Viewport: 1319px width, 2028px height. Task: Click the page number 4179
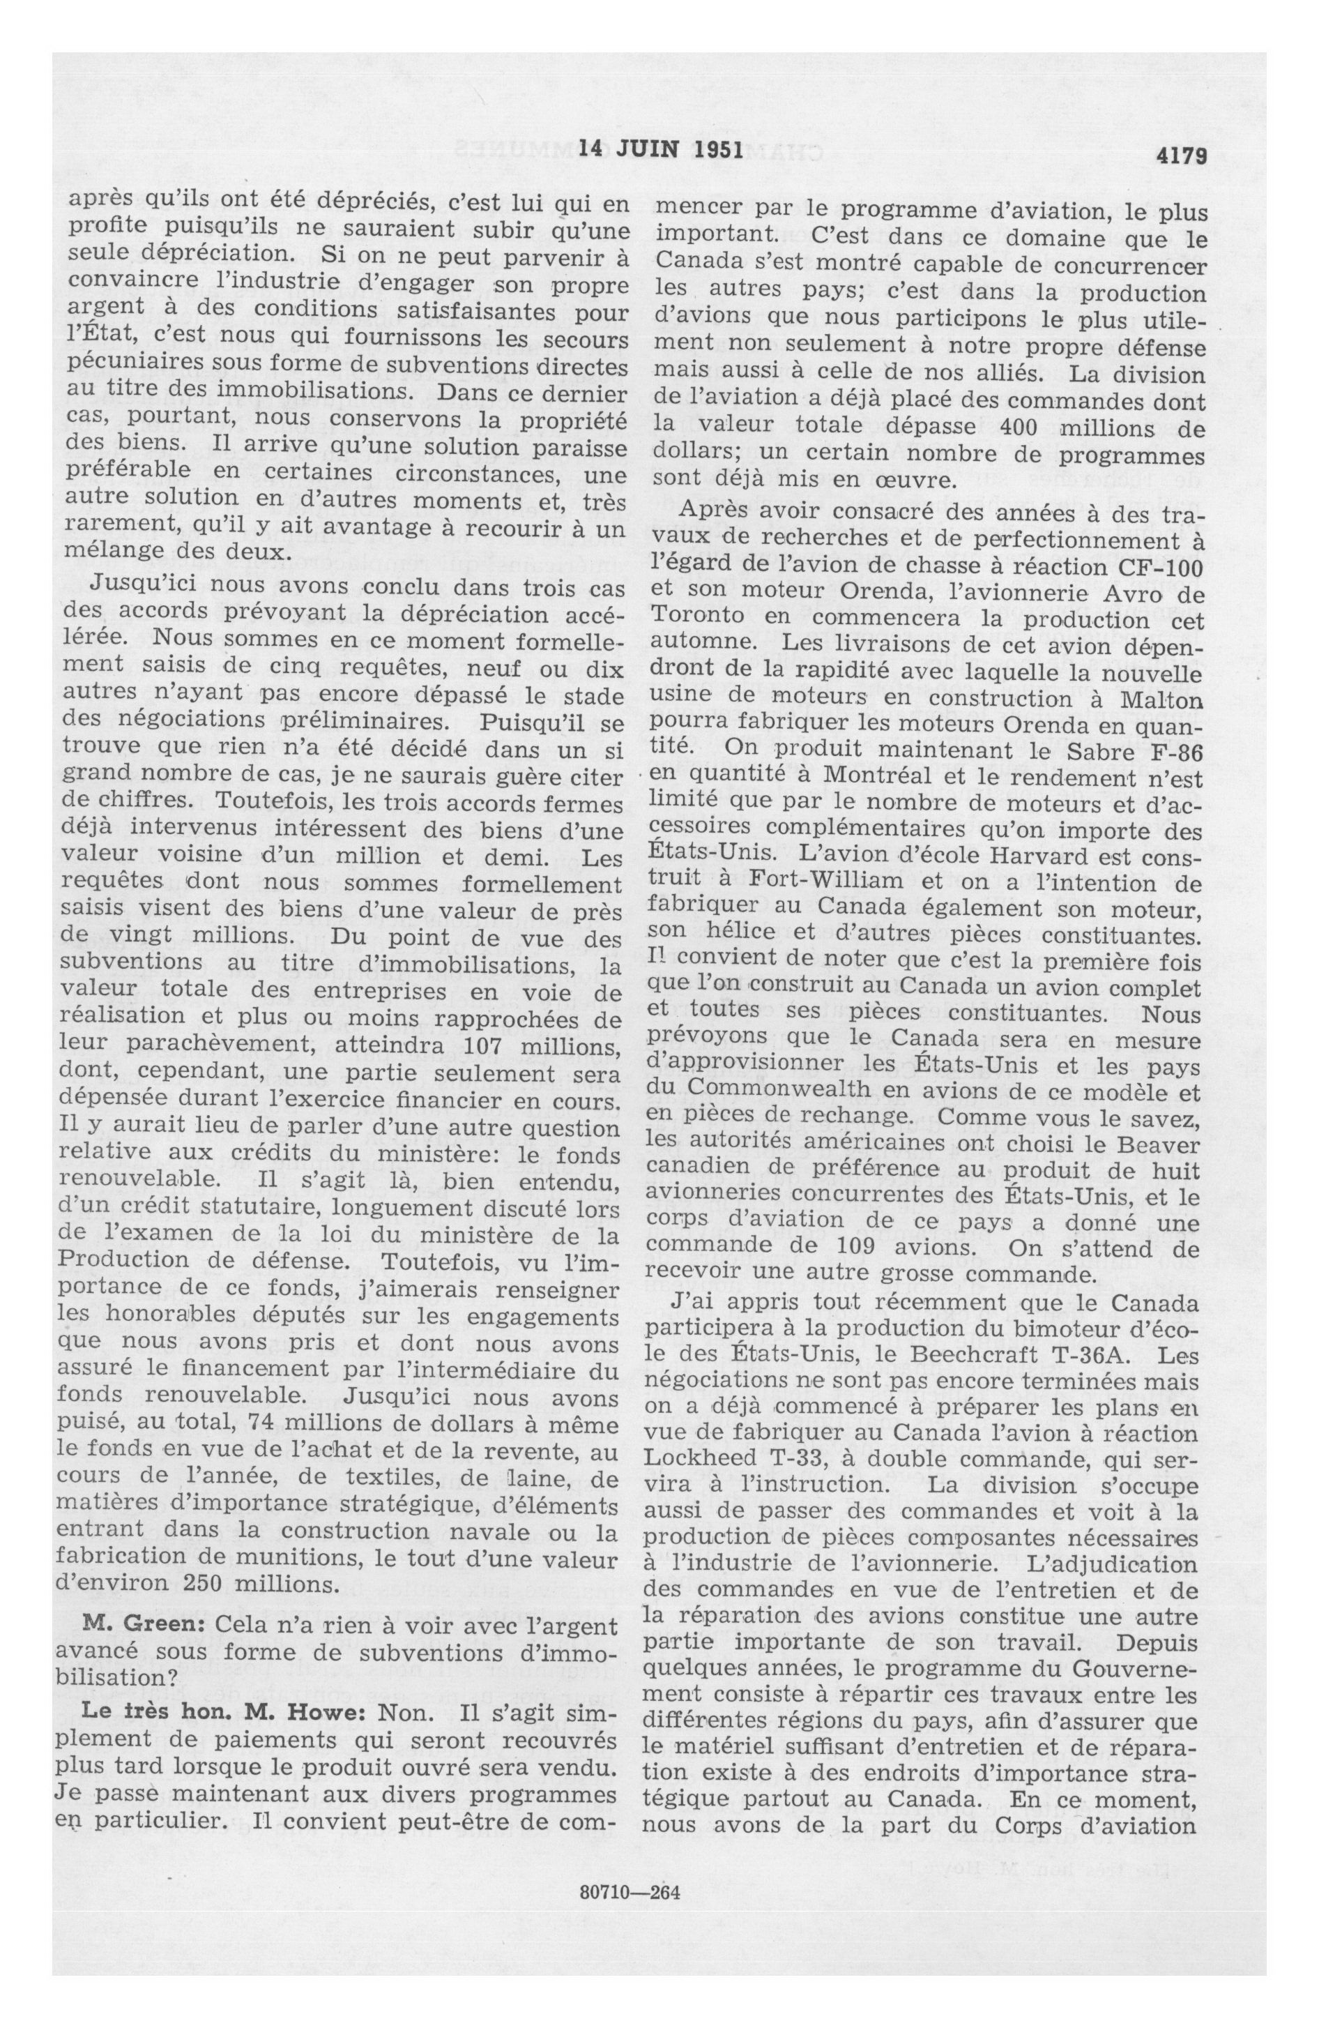[1181, 154]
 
